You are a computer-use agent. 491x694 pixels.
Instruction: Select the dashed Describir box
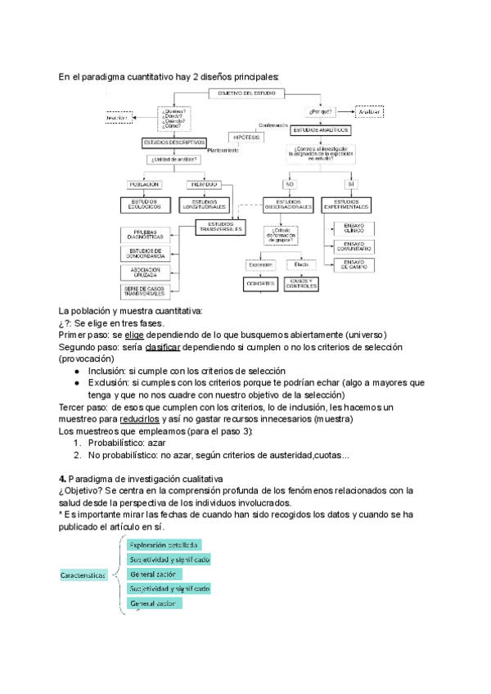pyautogui.click(x=119, y=119)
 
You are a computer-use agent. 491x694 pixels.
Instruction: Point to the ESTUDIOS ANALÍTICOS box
pyautogui.click(x=321, y=130)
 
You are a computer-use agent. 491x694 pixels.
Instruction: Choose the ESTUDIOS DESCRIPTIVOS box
pyautogui.click(x=174, y=142)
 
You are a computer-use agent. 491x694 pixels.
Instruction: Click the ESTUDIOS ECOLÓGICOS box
pyautogui.click(x=144, y=204)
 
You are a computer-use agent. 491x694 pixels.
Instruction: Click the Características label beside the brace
pyautogui.click(x=83, y=575)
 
